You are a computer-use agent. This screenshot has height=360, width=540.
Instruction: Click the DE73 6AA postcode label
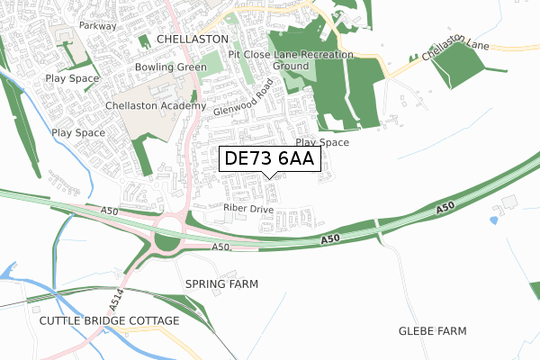[x=269, y=159]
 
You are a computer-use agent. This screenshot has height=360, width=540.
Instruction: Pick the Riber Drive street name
[x=247, y=208]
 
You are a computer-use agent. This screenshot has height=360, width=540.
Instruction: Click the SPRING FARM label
[x=221, y=283]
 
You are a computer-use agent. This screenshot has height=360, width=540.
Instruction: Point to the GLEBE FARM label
[x=432, y=331]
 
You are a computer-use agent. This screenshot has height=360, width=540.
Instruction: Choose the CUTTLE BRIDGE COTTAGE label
[x=109, y=320]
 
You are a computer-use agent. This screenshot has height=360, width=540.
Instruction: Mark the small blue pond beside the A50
[x=494, y=220]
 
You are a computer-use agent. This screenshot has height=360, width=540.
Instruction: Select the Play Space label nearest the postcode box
[x=322, y=142]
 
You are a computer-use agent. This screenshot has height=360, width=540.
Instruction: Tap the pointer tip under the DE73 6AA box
[x=270, y=177]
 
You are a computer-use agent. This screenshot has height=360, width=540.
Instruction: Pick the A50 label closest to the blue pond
[x=444, y=210]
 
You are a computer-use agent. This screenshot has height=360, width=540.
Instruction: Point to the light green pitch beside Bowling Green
[x=210, y=64]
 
